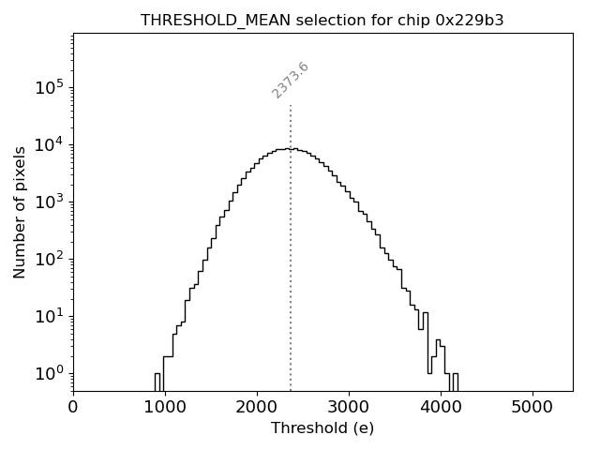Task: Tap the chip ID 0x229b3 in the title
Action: [x=470, y=20]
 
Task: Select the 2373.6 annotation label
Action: [x=291, y=81]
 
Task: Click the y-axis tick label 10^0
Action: [x=50, y=373]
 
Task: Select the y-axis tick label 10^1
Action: [x=50, y=316]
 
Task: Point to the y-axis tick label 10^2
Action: [x=50, y=259]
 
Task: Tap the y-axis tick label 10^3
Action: [x=50, y=202]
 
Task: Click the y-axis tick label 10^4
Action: [x=50, y=144]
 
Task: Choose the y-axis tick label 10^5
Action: [x=50, y=87]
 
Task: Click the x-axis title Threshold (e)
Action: [x=322, y=428]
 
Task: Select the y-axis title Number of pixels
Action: [x=20, y=212]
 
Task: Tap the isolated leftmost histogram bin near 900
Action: [x=157, y=382]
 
